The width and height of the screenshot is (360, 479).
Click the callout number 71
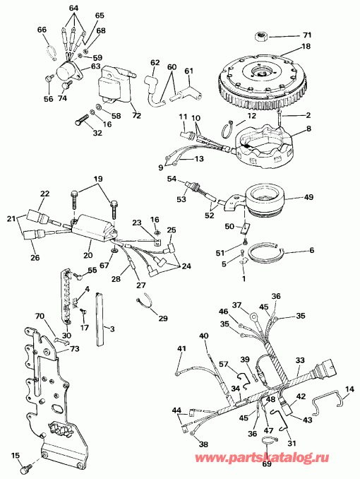tap(306, 34)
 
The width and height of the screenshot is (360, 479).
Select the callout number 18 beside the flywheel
tap(306, 46)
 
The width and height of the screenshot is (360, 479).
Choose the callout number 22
tap(44, 194)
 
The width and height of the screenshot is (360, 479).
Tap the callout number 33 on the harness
tap(299, 360)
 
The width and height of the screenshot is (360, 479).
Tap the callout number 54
tap(171, 180)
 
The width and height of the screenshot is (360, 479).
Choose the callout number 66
tap(42, 29)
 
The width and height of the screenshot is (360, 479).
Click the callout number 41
tap(181, 349)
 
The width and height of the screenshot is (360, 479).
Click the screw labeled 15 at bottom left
tap(28, 466)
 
